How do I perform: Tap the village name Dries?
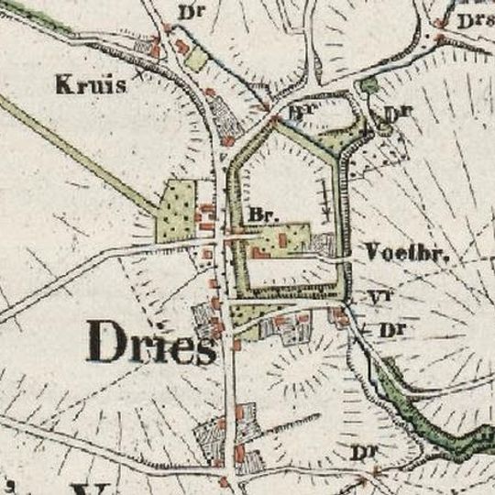pyautogui.click(x=152, y=344)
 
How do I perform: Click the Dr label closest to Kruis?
pyautogui.click(x=189, y=15)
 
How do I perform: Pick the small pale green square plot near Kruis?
pyautogui.click(x=197, y=60)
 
